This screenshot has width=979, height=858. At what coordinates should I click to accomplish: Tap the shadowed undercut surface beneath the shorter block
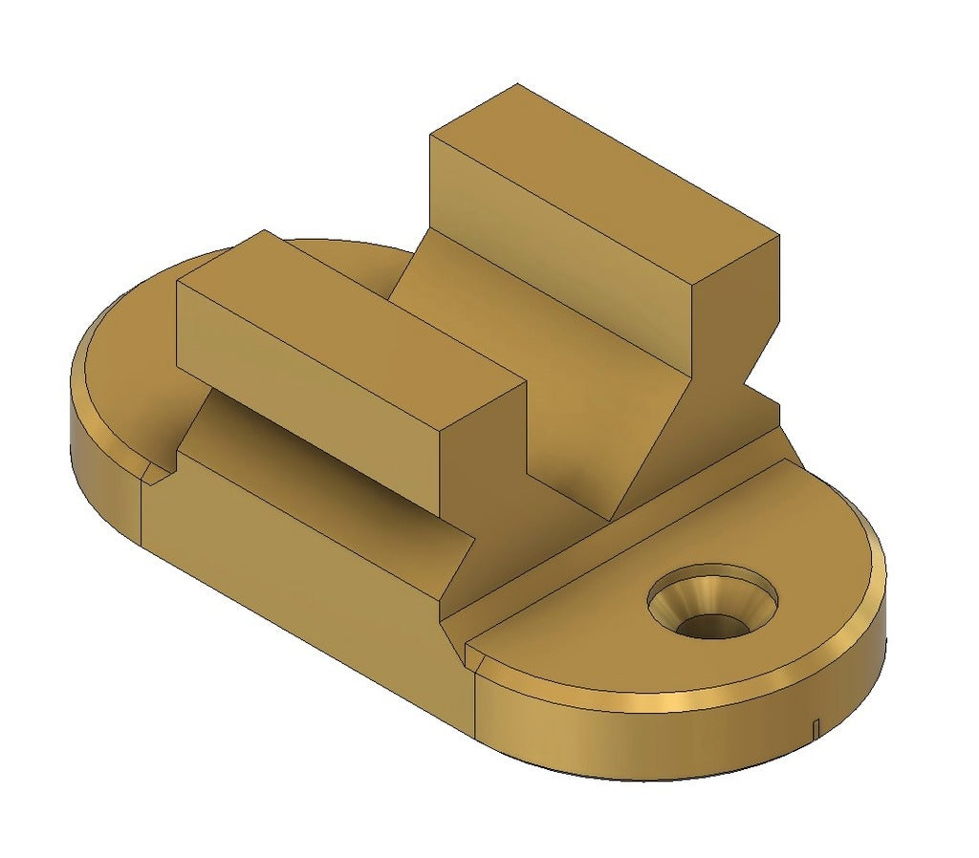point(315,449)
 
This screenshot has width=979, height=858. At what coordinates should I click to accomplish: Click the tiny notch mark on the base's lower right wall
point(815,728)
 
